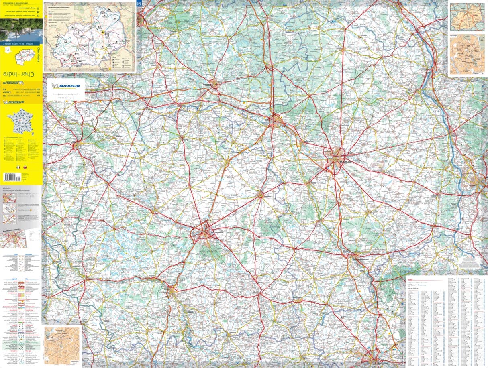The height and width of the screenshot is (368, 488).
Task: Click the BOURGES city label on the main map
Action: point(345,161)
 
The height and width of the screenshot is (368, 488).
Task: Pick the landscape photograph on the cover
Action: point(21,29)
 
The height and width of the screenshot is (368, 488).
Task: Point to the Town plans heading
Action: point(28,254)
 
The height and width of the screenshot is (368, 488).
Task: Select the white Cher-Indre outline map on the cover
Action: point(25,57)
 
